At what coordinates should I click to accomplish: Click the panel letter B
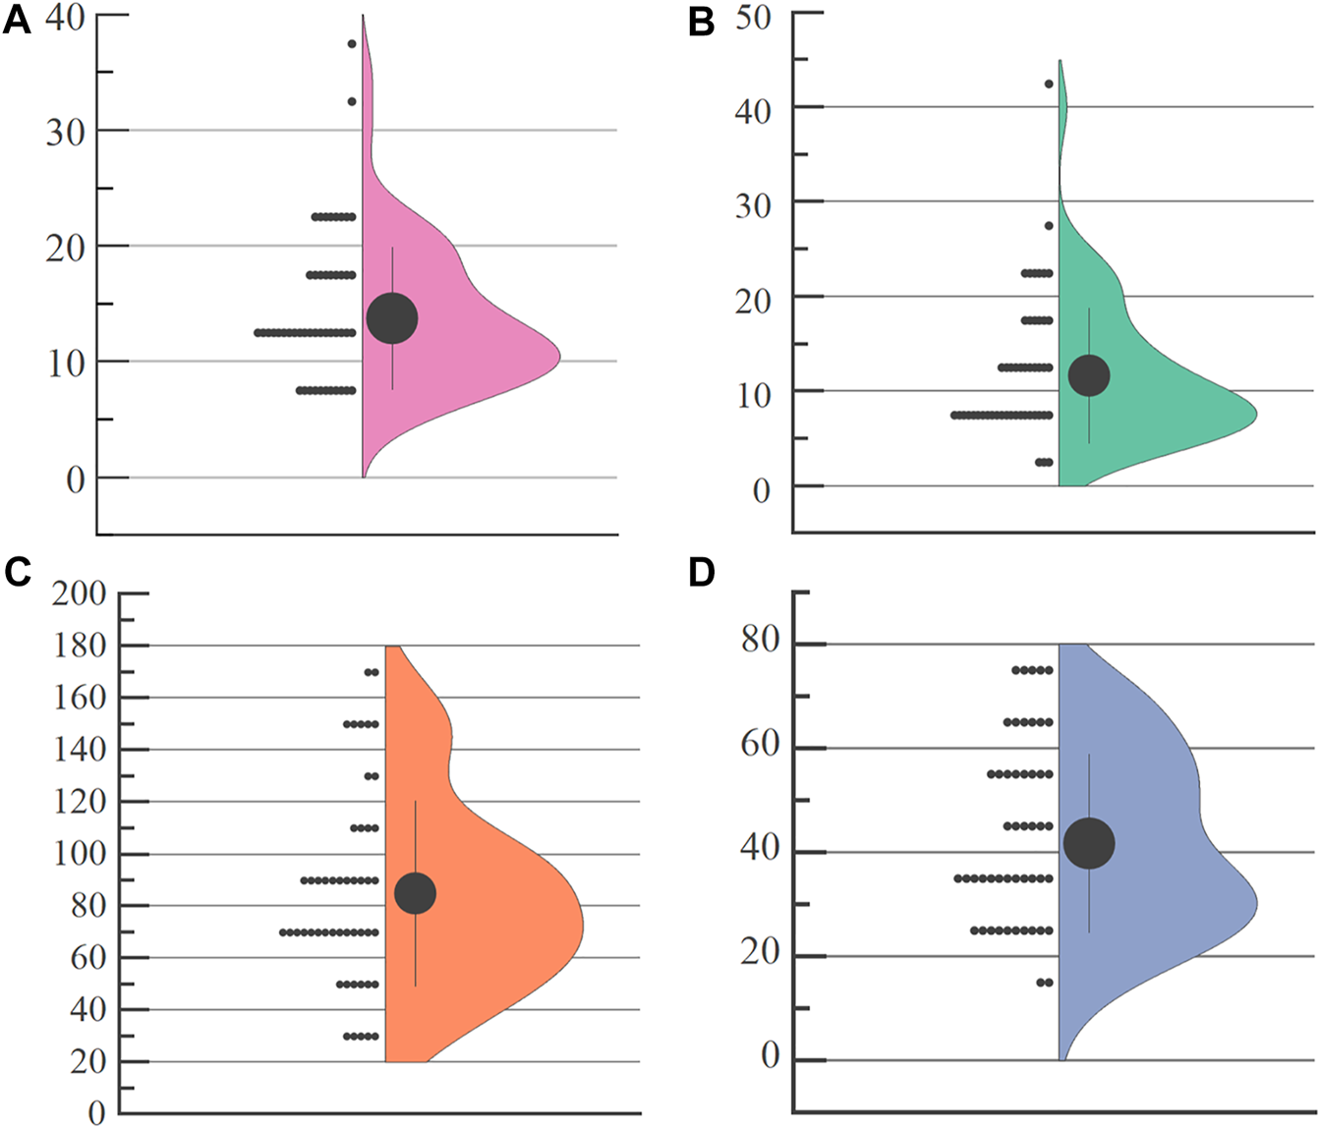[x=701, y=22]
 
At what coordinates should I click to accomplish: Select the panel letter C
[x=17, y=571]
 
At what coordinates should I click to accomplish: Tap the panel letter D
[x=701, y=571]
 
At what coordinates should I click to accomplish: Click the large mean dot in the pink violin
[x=392, y=318]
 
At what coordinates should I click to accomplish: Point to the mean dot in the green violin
[x=1089, y=375]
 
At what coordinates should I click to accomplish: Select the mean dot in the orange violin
[x=415, y=893]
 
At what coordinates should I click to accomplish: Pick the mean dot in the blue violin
[x=1089, y=843]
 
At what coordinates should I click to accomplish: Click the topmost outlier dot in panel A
[x=352, y=44]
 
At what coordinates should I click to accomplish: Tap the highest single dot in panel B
[x=1049, y=85]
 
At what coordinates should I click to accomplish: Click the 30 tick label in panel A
[x=65, y=132]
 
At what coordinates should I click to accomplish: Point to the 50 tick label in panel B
[x=753, y=17]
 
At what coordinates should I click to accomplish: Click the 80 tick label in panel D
[x=759, y=641]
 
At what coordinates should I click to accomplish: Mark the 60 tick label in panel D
[x=759, y=745]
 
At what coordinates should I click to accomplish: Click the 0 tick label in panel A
[x=76, y=479]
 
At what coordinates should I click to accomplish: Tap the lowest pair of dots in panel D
[x=1045, y=983]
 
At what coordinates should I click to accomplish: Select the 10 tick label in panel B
[x=753, y=394]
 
